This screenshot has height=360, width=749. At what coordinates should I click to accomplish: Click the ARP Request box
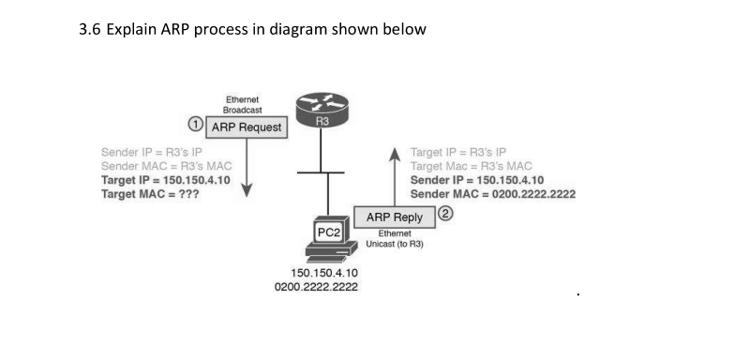pos(247,127)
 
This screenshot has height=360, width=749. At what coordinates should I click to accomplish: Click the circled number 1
pos(195,124)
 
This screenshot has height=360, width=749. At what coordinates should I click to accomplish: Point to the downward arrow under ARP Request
pos(247,169)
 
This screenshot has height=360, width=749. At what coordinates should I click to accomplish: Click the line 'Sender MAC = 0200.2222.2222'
pos(492,194)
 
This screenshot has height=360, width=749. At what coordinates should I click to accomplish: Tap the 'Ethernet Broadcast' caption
pos(243,104)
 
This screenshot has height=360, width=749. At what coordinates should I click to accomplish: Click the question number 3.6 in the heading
pos(92,29)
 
